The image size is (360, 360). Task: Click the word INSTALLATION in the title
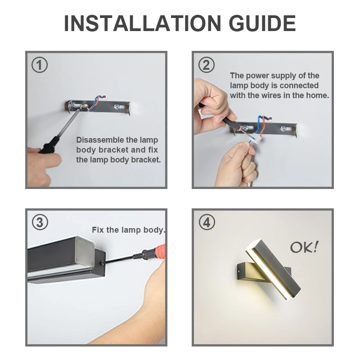point(142,23)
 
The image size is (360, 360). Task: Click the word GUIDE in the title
point(262,23)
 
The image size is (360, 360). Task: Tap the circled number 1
point(40,65)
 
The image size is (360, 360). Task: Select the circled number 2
point(207,65)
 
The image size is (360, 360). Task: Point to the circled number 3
point(40,222)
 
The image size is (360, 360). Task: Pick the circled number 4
point(207,222)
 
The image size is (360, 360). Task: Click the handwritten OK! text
point(305,247)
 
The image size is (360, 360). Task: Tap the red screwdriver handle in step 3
point(158,252)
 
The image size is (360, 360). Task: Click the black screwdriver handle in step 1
point(49,145)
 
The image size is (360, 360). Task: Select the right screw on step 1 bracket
point(117,107)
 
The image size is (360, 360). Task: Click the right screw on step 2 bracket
point(283,129)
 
